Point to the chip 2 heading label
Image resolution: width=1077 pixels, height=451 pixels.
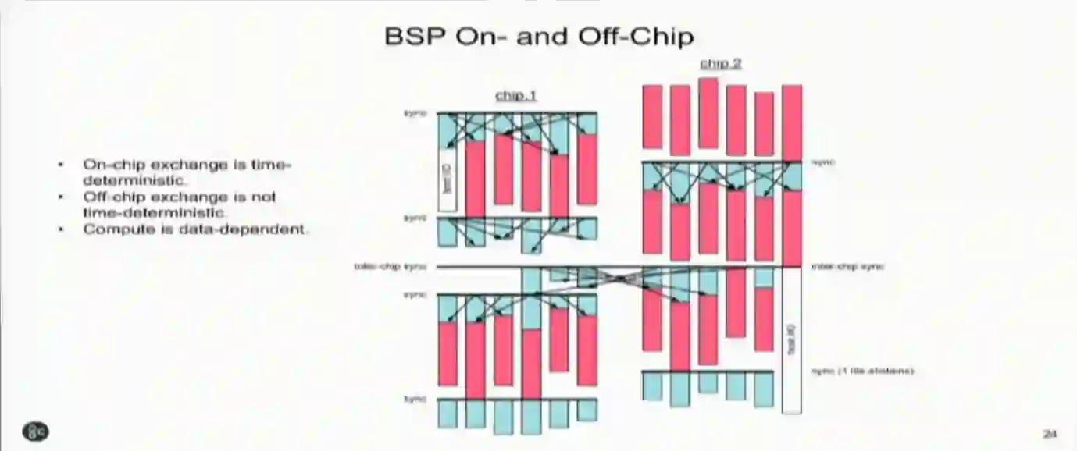720,64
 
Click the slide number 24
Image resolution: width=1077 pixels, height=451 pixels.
1050,432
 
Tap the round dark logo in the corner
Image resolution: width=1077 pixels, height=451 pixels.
36,431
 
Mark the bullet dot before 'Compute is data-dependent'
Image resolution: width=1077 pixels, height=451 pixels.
62,229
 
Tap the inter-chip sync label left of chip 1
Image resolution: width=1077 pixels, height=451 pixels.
390,267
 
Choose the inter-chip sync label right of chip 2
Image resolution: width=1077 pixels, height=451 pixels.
847,267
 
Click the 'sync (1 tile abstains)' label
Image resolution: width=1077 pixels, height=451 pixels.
862,371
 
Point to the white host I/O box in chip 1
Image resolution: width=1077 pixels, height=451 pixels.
448,181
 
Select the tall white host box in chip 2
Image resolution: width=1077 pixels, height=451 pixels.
791,339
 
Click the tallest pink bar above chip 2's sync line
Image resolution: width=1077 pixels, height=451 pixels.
708,112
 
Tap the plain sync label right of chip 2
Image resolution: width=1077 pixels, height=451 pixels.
823,162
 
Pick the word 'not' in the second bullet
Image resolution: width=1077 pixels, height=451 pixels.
264,197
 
